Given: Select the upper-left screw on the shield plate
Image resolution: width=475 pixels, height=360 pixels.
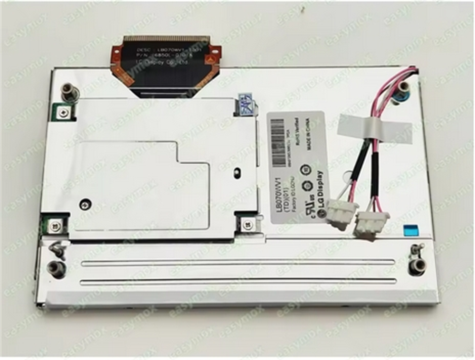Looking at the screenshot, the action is coord(62,112).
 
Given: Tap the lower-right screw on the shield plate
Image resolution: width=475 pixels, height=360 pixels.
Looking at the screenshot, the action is coord(247,224).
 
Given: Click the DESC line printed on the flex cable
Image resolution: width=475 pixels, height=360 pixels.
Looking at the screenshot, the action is coord(164,49).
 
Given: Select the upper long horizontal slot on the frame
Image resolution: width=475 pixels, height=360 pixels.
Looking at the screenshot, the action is coord(238,262).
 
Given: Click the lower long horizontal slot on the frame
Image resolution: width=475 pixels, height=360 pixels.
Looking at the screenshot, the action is coord(238,281).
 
